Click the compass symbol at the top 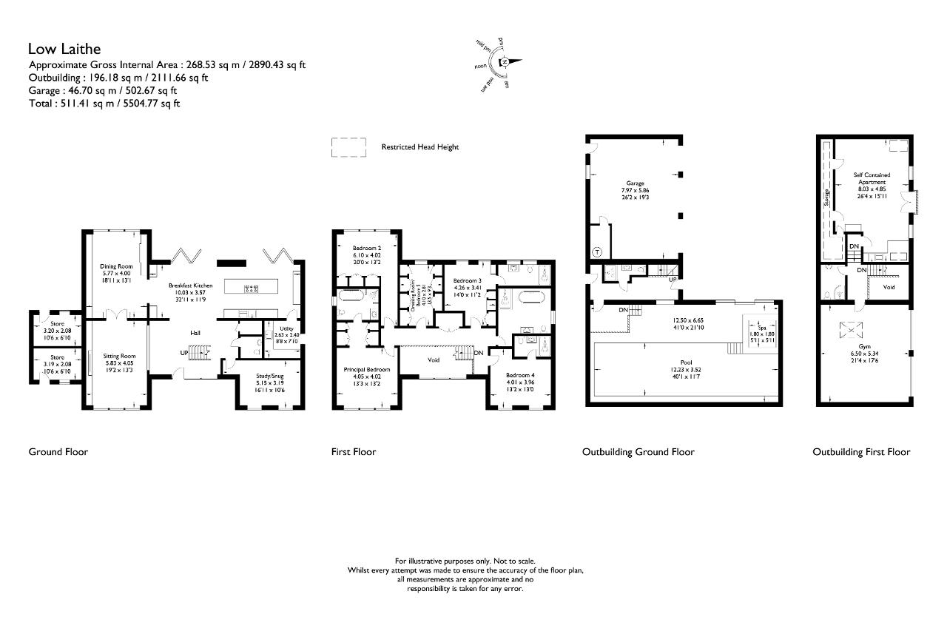click(x=503, y=63)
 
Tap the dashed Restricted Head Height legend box click(x=348, y=146)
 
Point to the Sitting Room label click(x=118, y=357)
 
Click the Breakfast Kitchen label click(x=190, y=286)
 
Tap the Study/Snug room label click(x=269, y=376)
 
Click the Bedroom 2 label click(x=366, y=248)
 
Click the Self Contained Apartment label click(x=872, y=178)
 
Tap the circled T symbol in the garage click(x=596, y=252)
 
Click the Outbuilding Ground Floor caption click(x=638, y=452)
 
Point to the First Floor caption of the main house click(x=353, y=452)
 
